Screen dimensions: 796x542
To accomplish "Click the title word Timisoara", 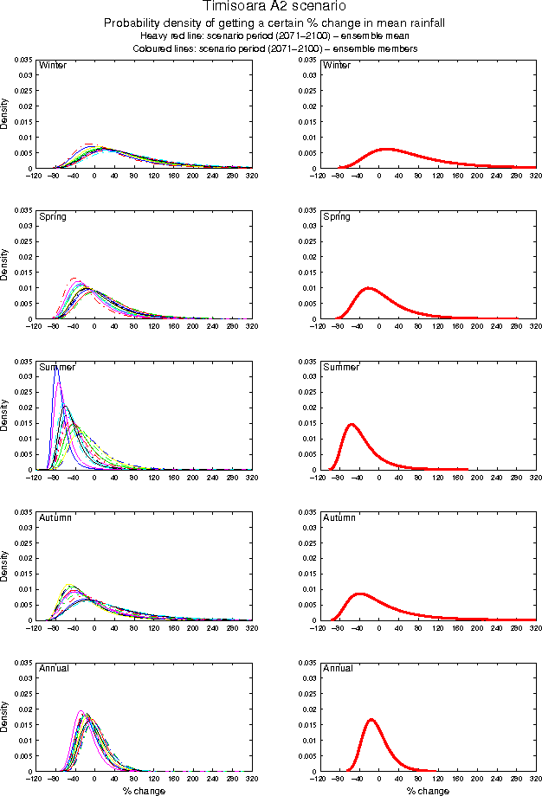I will (x=232, y=6).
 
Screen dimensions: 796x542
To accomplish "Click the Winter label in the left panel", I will (x=53, y=66).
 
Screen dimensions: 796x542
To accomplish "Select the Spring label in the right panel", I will (x=337, y=216).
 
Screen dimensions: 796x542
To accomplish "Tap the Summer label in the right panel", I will (x=341, y=367).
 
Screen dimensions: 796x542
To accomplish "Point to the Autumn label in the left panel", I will (x=55, y=517).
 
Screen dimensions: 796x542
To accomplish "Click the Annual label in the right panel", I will (x=338, y=669).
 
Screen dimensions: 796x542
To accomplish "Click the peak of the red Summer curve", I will (x=352, y=424).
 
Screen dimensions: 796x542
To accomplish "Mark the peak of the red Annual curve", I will (x=371, y=719).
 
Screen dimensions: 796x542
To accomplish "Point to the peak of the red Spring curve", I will (x=369, y=288).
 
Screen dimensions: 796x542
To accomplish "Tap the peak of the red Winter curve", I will (x=387, y=149).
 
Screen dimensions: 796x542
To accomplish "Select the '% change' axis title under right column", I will (x=428, y=791).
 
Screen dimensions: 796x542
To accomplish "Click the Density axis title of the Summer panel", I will (x=5, y=415).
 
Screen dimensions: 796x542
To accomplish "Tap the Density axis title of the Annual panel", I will (x=5, y=716).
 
